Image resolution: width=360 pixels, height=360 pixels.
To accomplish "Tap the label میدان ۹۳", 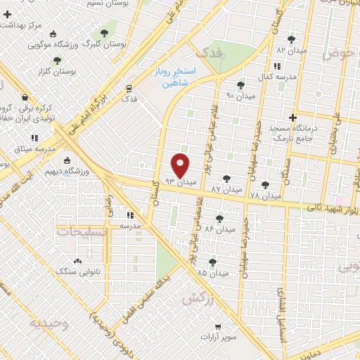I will [x=179, y=182].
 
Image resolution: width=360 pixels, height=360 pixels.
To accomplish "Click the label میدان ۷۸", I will [x=265, y=195].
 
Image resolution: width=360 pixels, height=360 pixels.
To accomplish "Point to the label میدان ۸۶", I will [x=220, y=230].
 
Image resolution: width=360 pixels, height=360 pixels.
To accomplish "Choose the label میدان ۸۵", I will [x=212, y=272].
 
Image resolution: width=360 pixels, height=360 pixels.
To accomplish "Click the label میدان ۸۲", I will [x=291, y=51].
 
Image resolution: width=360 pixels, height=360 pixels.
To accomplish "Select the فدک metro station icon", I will [x=129, y=88].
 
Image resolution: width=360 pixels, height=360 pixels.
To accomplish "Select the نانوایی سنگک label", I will [x=73, y=270].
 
